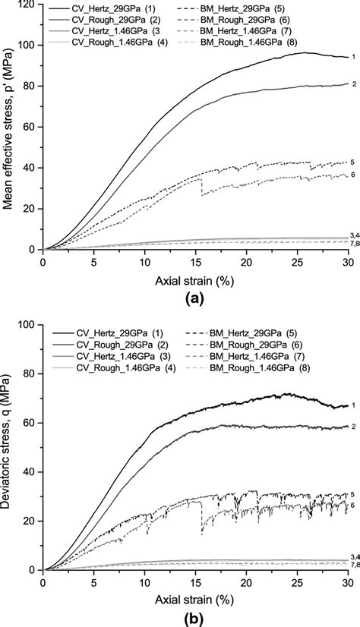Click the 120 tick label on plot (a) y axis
27,5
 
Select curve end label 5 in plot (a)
352,162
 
